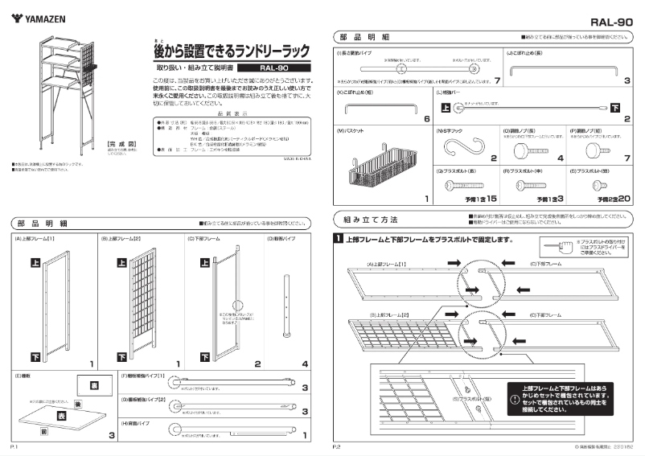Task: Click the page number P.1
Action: (14, 445)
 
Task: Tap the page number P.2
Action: (338, 445)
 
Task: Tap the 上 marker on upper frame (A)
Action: (35, 263)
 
